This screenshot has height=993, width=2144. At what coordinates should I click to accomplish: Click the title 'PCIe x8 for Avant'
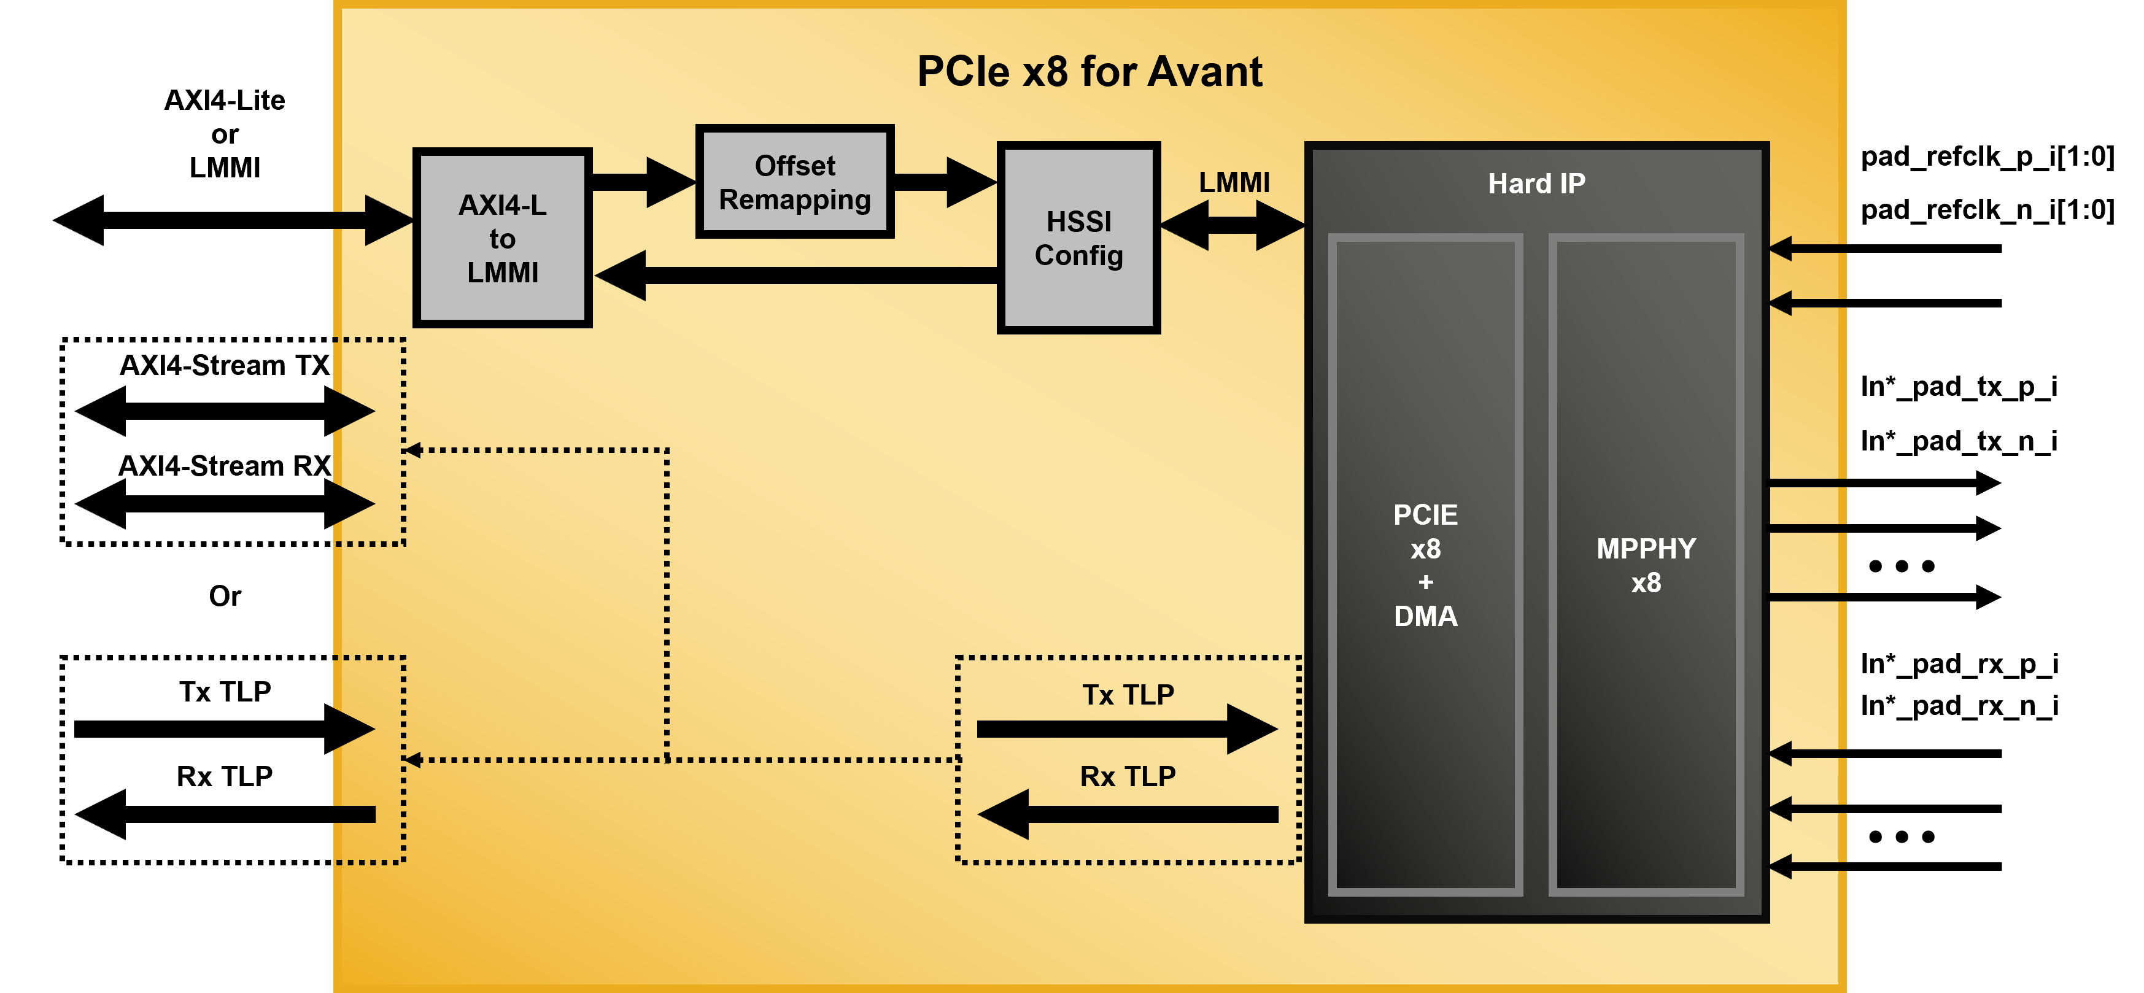tap(1089, 72)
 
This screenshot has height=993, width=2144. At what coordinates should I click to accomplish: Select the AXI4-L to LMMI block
tap(502, 239)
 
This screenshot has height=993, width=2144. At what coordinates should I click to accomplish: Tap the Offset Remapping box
tap(795, 182)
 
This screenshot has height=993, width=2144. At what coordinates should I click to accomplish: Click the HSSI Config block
tap(1078, 239)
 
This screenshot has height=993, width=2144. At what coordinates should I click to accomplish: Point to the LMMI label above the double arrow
tap(1234, 182)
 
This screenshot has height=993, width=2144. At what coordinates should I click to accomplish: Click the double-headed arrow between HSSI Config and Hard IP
tap(1233, 225)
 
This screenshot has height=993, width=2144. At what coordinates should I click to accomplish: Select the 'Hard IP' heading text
tap(1536, 183)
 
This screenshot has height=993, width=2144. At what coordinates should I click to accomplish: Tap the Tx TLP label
tap(1128, 694)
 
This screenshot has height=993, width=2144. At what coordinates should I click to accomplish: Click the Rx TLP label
tap(1128, 776)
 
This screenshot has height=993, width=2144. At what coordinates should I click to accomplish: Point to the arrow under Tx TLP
tap(1127, 729)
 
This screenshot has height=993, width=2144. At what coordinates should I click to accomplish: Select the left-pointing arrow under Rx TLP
tap(1127, 814)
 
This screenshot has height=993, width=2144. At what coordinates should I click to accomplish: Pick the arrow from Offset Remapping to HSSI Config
tap(945, 182)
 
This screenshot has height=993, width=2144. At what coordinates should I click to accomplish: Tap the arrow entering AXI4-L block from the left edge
tap(374, 220)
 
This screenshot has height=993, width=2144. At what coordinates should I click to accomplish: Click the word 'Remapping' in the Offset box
tap(795, 199)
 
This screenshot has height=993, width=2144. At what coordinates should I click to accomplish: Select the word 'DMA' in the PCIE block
tap(1425, 616)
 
